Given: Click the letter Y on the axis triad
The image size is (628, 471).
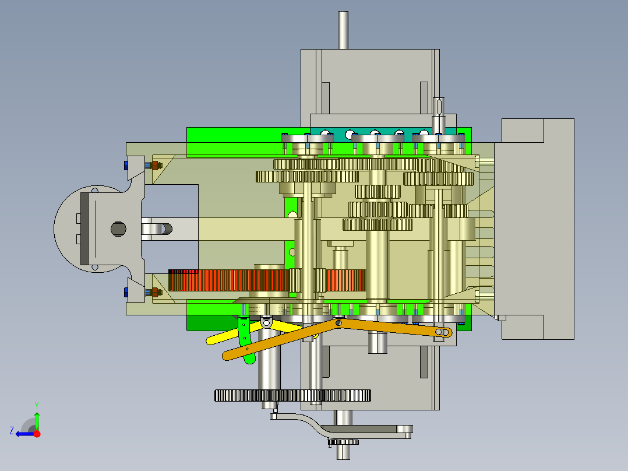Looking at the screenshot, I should tap(36, 405).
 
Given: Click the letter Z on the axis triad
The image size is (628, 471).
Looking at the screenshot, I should tap(12, 431).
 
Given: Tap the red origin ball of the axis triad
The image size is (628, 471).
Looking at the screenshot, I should tap(37, 434).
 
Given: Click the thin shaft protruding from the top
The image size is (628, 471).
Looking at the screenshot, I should tap(343, 29).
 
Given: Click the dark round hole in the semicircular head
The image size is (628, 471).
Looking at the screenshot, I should tap(118, 229).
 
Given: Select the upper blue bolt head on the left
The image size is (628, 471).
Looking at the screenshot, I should tap(126, 166).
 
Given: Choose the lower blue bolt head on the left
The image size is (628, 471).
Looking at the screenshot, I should tap(126, 292).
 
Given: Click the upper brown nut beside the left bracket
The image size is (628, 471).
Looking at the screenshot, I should tap(155, 166).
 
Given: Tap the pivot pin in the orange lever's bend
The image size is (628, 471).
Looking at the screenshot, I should tap(338, 321).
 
